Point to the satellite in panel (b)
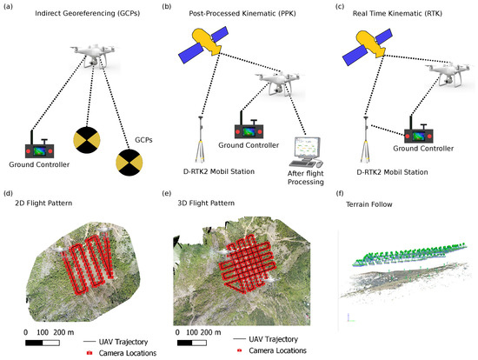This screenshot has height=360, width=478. (201, 43)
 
